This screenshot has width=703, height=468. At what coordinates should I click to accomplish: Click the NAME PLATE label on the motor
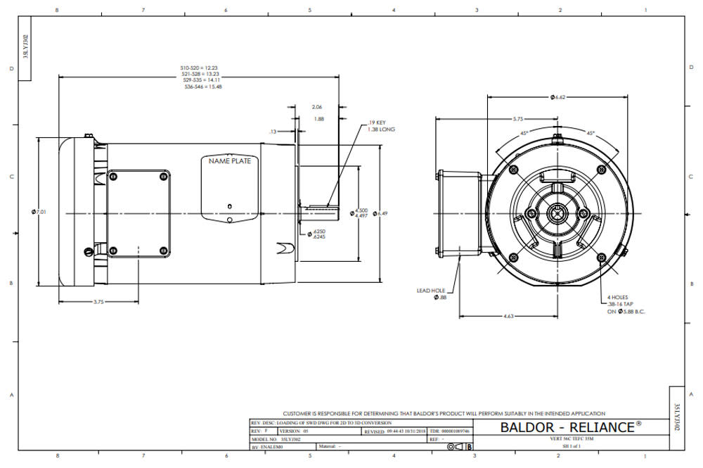229,161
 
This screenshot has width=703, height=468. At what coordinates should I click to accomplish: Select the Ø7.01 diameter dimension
40,212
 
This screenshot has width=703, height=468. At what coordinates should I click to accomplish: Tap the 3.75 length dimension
98,301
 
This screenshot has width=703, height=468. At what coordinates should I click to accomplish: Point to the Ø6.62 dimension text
560,96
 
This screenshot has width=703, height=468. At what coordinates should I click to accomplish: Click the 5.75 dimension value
517,119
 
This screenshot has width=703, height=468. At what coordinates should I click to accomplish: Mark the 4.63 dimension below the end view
509,317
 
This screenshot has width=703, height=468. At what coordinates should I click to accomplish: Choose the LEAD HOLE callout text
432,289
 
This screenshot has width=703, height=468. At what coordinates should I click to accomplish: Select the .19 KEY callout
378,123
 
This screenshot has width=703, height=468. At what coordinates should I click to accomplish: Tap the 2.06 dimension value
318,106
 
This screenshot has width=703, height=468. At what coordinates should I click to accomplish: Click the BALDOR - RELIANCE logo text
570,427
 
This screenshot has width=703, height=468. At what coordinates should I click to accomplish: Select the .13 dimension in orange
272,132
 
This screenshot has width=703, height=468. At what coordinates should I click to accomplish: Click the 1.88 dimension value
318,119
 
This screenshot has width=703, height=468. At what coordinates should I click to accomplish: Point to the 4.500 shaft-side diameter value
361,210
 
